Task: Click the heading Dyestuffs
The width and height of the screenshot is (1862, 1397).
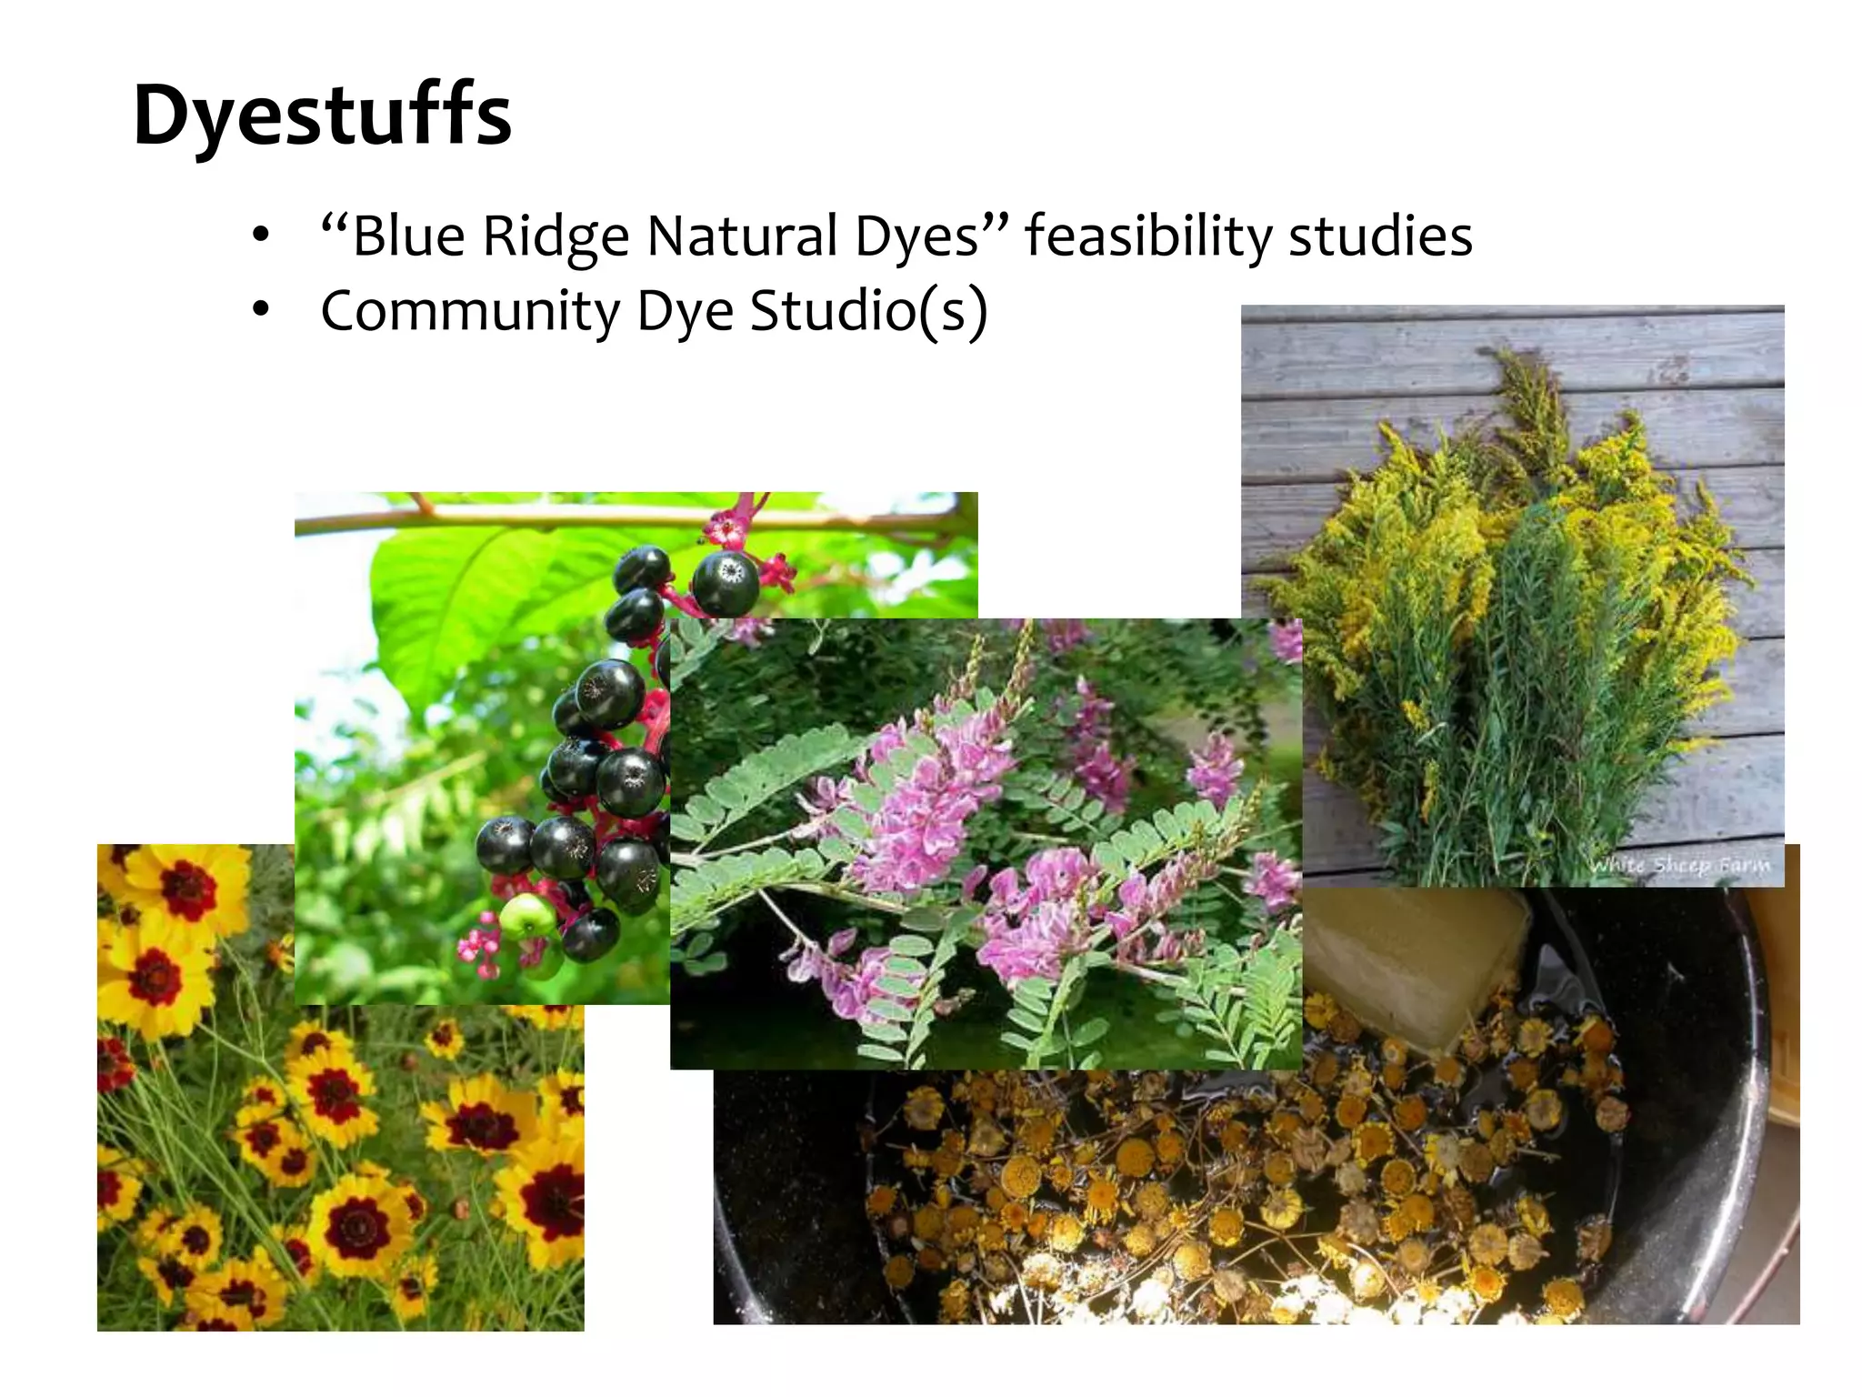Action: (x=322, y=116)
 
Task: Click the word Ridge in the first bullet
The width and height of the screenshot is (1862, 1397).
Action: (x=555, y=236)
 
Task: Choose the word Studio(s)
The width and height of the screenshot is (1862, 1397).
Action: (x=868, y=311)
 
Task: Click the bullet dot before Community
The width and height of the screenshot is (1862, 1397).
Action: (x=262, y=311)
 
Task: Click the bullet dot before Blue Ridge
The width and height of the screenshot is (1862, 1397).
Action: (x=262, y=236)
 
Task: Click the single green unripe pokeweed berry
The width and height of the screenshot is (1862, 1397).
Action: (x=525, y=918)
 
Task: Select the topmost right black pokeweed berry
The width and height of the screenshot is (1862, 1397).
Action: (x=725, y=583)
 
